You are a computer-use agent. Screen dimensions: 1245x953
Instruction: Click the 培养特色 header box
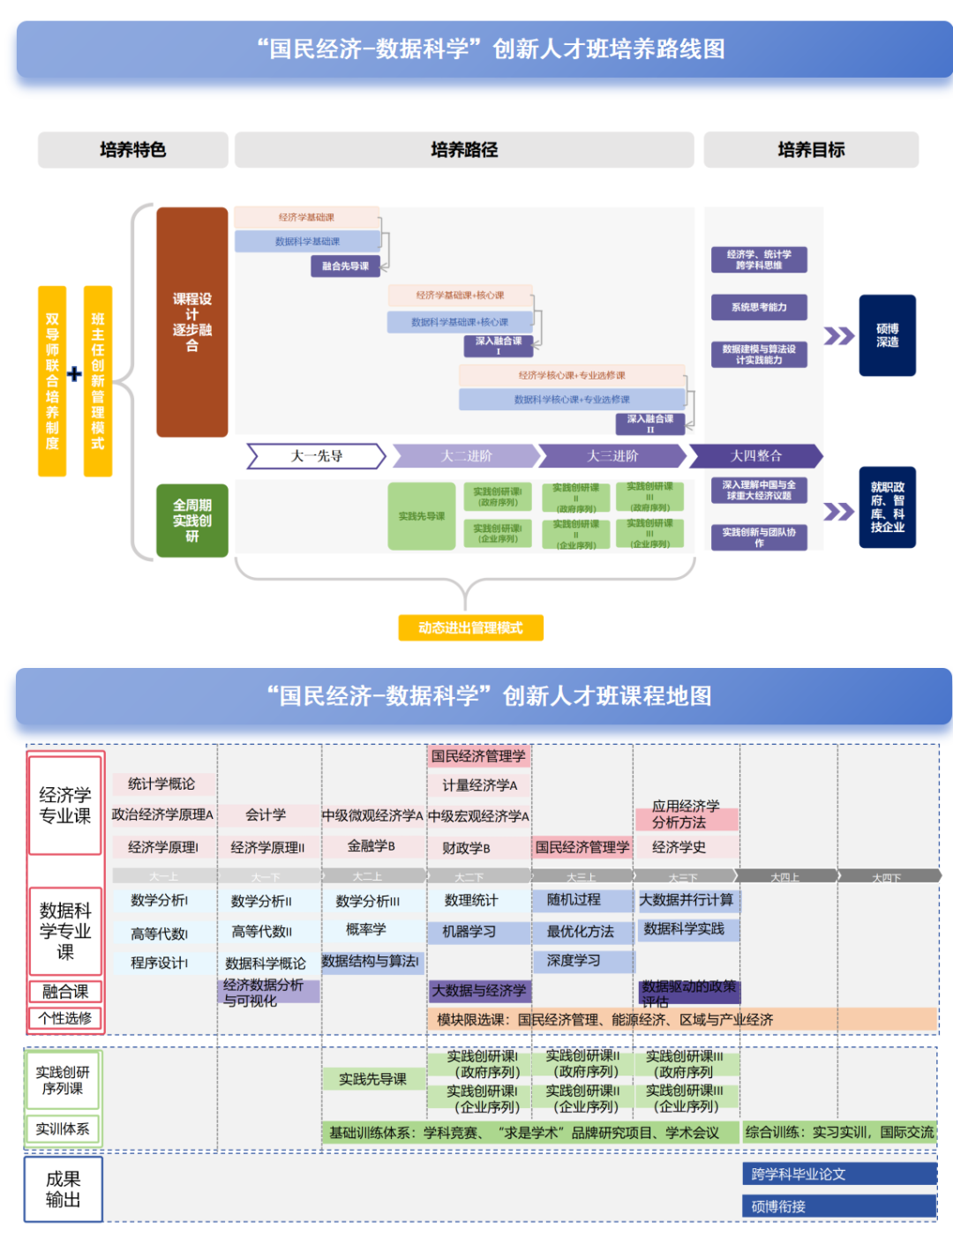[132, 150]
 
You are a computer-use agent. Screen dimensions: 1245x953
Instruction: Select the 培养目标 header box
[810, 150]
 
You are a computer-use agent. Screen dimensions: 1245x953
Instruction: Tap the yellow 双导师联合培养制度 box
[52, 381]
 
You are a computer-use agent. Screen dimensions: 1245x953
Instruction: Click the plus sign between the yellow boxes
[74, 375]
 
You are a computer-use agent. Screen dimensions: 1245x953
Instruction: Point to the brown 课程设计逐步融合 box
[191, 322]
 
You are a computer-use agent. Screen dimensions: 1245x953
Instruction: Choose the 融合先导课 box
[345, 266]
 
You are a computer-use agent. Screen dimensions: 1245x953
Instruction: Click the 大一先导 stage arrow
[316, 456]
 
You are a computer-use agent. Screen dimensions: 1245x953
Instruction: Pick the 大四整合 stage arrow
[755, 456]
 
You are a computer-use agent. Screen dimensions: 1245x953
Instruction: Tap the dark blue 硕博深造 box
[887, 335]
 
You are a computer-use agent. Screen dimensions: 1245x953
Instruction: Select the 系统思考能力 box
[759, 307]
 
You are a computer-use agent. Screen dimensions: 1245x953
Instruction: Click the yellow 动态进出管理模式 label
[470, 627]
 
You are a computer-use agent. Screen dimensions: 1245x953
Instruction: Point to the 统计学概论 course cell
[161, 784]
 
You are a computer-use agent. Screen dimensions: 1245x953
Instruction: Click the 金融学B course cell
[371, 846]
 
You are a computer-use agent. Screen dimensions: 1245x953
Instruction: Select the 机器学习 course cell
[469, 932]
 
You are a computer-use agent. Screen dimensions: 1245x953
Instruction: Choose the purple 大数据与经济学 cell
[478, 991]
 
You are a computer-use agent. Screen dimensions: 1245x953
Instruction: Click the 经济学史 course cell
[679, 847]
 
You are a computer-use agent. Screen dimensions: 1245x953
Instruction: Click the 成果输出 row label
[64, 1189]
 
